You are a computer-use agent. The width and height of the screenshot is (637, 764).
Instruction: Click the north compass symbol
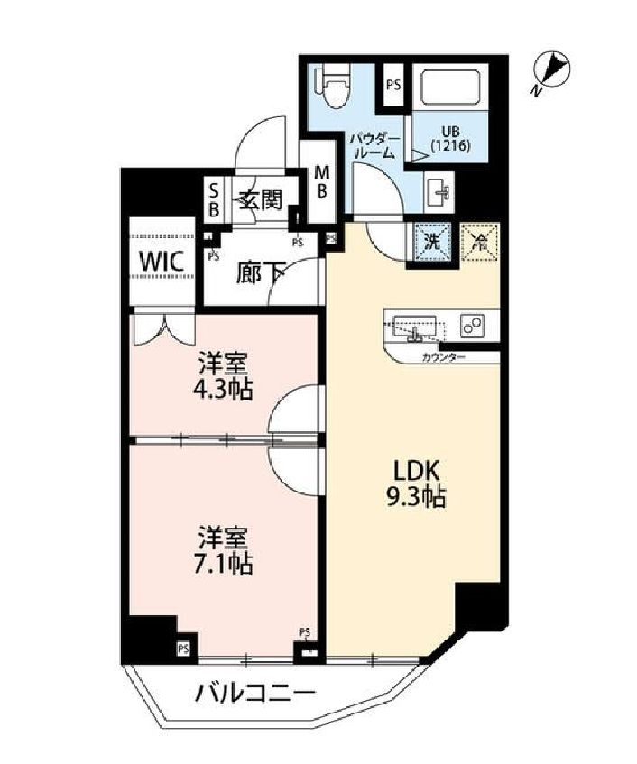click(553, 70)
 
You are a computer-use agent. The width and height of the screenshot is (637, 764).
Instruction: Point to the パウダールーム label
click(373, 146)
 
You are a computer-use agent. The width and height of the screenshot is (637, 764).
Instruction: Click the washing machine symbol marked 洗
click(431, 242)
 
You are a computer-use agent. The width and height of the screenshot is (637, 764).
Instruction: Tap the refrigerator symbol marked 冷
click(480, 242)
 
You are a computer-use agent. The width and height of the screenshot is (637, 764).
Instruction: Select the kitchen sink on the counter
click(413, 327)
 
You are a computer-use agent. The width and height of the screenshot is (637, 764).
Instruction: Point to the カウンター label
click(443, 358)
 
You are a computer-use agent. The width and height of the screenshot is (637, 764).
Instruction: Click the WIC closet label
click(162, 262)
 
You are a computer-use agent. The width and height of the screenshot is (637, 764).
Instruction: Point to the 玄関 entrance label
click(261, 199)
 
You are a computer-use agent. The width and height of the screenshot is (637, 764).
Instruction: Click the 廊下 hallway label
click(260, 272)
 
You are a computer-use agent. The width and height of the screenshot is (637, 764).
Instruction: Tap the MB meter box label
click(321, 184)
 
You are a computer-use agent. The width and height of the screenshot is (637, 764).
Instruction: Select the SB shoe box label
click(214, 199)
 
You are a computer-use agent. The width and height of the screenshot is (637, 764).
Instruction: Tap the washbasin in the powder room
click(442, 190)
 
